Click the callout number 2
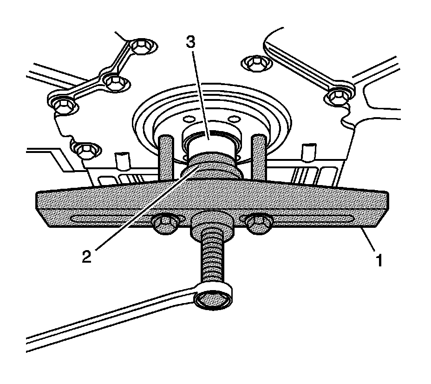(x=86, y=256)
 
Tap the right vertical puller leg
(x=259, y=158)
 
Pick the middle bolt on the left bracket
(x=113, y=82)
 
